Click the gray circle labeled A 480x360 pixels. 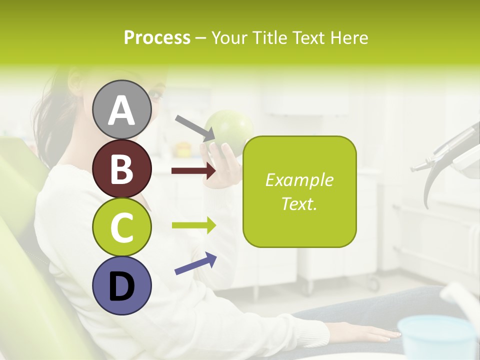pyautogui.click(x=121, y=109)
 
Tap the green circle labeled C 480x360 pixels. pyautogui.click(x=121, y=227)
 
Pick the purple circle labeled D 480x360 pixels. pyautogui.click(x=121, y=285)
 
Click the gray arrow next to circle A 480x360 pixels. pyautogui.click(x=195, y=127)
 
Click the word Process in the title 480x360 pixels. pyautogui.click(x=157, y=37)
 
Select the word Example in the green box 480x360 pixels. pyautogui.click(x=299, y=180)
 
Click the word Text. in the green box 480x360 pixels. pyautogui.click(x=299, y=203)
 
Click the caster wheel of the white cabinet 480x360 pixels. pyautogui.click(x=374, y=285)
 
